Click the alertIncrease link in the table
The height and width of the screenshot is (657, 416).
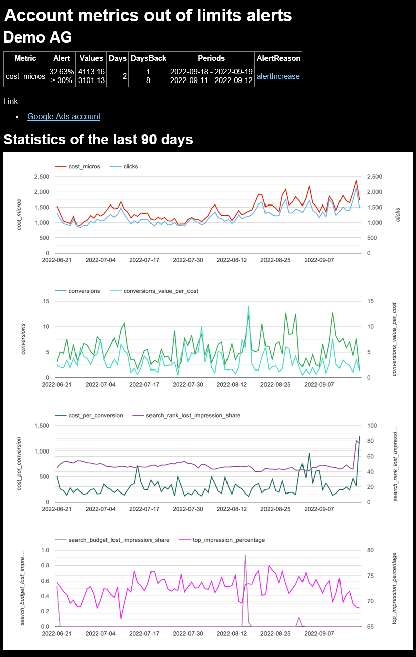point(278,76)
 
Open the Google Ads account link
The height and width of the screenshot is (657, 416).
point(64,116)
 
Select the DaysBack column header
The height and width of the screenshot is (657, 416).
point(148,58)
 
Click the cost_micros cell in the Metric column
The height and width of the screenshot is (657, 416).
point(25,76)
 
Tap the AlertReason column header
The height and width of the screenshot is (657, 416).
point(278,58)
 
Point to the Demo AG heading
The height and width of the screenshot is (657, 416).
point(37,37)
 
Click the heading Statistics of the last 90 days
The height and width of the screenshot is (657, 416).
point(98,139)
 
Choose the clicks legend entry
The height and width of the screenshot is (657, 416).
point(130,166)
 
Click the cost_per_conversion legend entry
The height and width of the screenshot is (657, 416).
point(96,415)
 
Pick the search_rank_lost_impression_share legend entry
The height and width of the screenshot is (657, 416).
point(193,415)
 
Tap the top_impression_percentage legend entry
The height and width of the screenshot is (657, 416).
point(229,540)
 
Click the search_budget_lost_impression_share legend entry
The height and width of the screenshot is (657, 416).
point(119,540)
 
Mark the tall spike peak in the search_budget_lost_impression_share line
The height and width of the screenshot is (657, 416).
point(245,555)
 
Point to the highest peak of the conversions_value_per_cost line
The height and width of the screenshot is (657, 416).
point(248,306)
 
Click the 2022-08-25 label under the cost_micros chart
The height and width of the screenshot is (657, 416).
point(277,260)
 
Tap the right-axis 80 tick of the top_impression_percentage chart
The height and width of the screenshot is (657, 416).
point(370,550)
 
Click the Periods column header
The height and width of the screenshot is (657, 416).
point(211,58)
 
